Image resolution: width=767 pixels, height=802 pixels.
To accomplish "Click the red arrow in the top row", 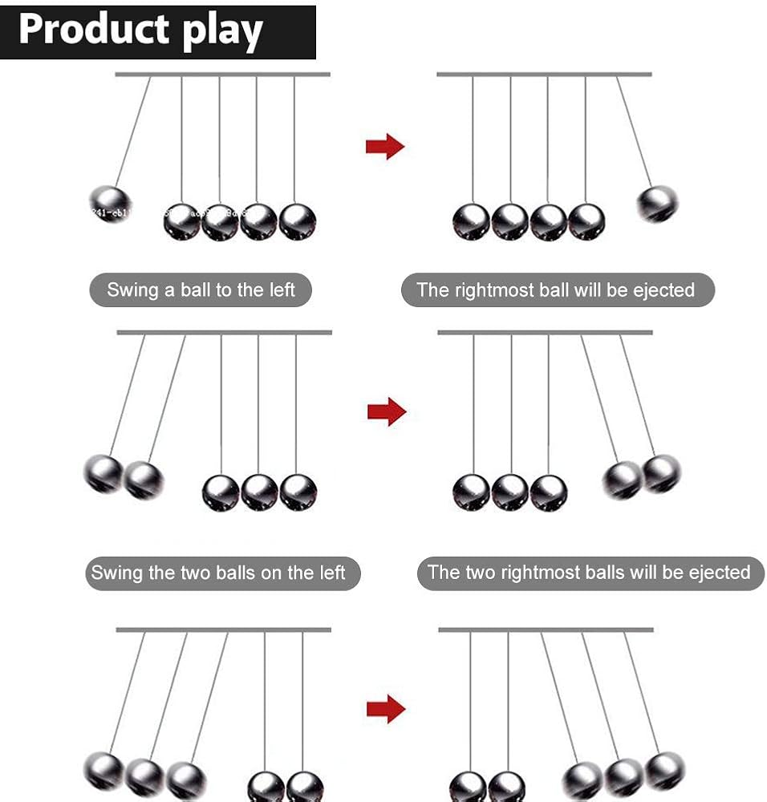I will [385, 146].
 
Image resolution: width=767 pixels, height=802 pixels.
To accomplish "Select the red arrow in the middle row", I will [387, 411].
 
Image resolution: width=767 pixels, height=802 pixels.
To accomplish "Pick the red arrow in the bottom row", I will [386, 708].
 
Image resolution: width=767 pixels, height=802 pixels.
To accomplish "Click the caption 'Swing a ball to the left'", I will [201, 290].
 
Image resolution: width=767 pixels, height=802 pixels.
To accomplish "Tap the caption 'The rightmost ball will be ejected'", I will [556, 290].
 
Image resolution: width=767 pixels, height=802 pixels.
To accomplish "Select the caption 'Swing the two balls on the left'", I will [218, 573].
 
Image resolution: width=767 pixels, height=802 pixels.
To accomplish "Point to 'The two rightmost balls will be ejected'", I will [589, 573].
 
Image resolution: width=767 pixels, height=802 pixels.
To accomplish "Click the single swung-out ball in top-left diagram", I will [108, 204].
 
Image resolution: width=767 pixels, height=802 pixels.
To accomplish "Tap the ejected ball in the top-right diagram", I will [658, 204].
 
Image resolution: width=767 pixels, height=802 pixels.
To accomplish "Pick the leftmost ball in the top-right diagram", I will [471, 222].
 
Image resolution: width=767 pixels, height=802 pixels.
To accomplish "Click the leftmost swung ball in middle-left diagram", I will [103, 473].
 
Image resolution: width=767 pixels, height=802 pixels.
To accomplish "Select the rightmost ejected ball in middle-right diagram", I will [662, 472].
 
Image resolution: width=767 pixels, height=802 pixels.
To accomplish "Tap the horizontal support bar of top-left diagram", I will [222, 75].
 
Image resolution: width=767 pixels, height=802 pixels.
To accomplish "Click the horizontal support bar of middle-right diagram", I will [545, 332].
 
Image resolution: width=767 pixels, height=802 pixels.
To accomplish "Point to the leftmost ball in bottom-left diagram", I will [103, 771].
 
